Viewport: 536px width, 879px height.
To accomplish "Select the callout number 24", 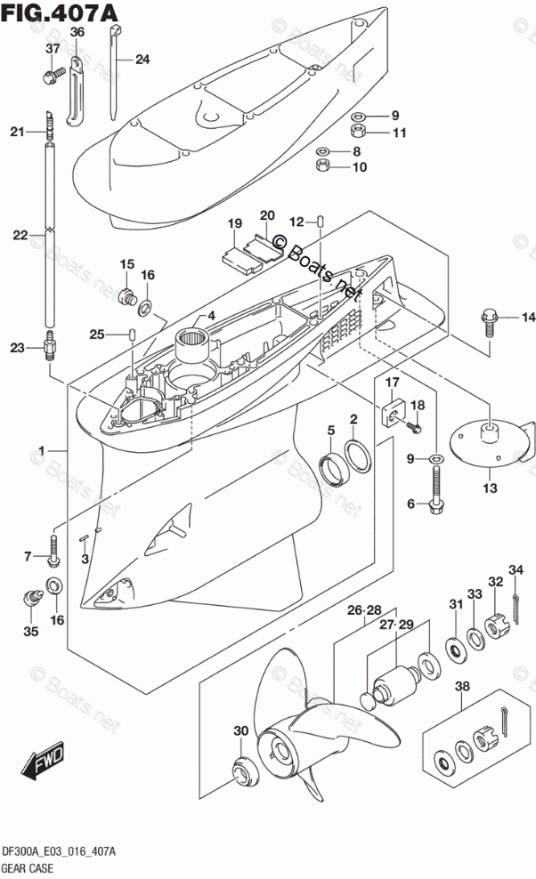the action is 142,59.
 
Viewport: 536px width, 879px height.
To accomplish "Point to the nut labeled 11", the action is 358,133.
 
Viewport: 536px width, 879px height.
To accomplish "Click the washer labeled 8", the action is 322,151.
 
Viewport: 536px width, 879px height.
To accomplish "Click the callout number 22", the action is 20,235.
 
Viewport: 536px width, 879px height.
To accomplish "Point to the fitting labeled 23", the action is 49,346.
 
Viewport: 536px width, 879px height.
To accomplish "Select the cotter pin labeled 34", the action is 516,609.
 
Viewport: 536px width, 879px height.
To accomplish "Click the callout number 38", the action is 462,686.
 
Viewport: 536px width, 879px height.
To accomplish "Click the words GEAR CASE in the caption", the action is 28,868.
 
